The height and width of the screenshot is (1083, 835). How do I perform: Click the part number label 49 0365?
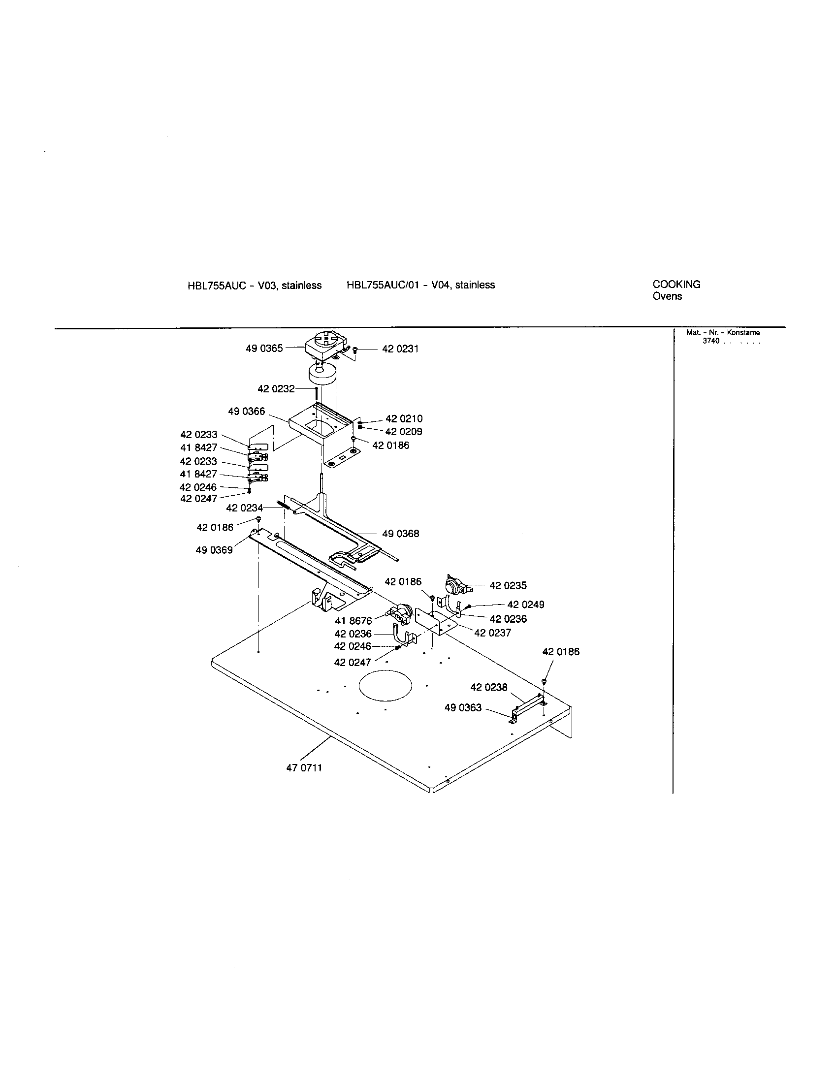click(x=264, y=349)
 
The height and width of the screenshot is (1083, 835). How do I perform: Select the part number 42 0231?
click(x=400, y=349)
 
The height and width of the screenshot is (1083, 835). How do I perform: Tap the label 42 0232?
click(x=276, y=389)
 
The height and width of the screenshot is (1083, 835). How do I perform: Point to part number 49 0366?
click(x=247, y=412)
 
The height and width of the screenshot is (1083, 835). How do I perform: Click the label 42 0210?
click(x=404, y=419)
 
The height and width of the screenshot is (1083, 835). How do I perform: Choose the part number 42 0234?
click(x=245, y=509)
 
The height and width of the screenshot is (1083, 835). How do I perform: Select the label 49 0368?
click(x=400, y=534)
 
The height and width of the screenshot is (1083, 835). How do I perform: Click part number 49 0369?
click(x=214, y=550)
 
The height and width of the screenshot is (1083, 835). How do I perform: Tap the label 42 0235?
click(x=508, y=586)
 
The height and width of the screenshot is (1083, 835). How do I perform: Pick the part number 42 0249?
click(x=526, y=605)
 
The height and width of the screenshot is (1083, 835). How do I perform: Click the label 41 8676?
click(x=353, y=621)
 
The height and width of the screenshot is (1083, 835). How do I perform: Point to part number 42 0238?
click(x=488, y=687)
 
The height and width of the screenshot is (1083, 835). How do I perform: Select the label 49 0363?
click(x=463, y=707)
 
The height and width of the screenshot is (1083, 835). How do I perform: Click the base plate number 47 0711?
click(x=304, y=768)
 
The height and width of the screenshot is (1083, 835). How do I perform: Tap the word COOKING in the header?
click(x=676, y=285)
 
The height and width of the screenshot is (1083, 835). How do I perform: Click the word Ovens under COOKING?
click(x=667, y=296)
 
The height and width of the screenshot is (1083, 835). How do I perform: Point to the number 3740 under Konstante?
click(x=710, y=341)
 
